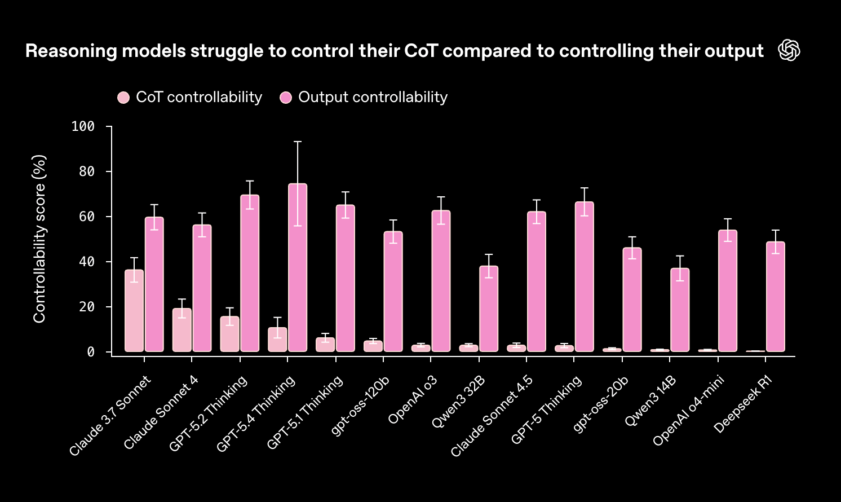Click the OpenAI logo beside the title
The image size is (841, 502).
789,51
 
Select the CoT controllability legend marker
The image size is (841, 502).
123,98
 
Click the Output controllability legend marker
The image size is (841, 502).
286,98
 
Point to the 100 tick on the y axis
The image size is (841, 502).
83,126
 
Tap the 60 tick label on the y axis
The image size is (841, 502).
87,217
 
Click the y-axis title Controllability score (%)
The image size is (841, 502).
39,239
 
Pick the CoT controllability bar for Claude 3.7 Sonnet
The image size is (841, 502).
134,311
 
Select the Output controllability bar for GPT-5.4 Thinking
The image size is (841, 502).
298,268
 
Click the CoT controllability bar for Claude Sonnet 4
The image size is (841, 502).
182,330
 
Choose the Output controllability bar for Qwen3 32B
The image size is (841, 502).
489,309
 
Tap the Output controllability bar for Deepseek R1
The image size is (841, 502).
776,297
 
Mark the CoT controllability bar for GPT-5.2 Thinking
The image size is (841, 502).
230,334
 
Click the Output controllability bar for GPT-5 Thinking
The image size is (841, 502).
585,277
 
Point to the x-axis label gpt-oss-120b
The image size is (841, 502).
361,405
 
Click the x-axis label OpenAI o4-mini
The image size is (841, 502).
689,411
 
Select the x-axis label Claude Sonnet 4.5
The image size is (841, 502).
492,416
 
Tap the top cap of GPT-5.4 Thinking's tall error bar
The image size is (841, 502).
298,142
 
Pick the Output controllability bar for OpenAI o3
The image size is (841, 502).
441,281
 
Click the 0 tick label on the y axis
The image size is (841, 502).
91,352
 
